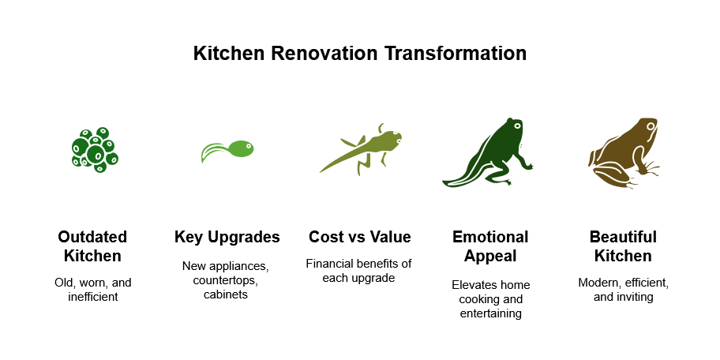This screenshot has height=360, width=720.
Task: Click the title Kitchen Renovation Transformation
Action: tap(360, 54)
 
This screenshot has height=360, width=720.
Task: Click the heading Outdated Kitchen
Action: tap(92, 246)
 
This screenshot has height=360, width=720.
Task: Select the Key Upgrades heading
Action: tap(227, 237)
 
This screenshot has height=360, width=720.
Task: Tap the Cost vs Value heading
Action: tap(359, 237)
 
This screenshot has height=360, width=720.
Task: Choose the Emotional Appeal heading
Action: tap(490, 246)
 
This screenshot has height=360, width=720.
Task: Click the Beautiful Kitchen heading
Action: tap(623, 246)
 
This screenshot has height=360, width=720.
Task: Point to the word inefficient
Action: tap(92, 297)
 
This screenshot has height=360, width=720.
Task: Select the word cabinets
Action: tap(227, 294)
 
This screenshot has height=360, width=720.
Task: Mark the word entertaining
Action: tap(490, 314)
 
